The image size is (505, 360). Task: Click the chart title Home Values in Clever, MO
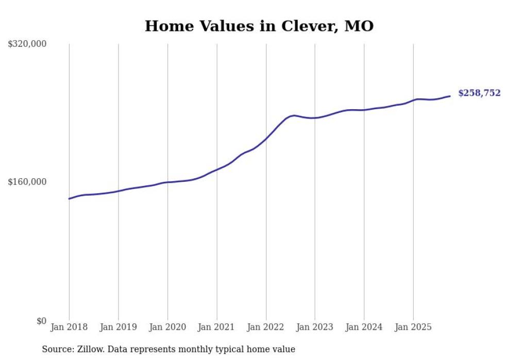pos(259,26)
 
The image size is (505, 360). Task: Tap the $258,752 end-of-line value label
pos(479,93)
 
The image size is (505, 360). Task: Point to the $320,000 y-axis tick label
pos(27,44)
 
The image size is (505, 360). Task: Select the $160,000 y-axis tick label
pos(27,182)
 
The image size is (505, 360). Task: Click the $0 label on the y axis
pos(41,321)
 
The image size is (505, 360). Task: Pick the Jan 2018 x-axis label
pos(69,327)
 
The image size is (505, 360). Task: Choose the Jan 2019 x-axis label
pos(119,327)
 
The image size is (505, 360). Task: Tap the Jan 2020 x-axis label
pos(167,327)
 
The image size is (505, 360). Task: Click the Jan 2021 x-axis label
pos(216,327)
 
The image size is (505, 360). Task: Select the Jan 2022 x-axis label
pos(266,327)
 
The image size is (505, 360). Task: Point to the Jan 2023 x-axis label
pos(315,327)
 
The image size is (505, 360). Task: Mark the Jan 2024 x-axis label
pos(364,327)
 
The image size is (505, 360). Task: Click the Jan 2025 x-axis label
pos(413,327)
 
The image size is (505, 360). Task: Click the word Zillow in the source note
pos(90,349)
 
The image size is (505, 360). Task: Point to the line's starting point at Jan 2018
pos(70,198)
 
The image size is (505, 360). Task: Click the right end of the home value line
pos(450,96)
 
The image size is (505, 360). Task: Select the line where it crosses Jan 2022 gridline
pos(266,139)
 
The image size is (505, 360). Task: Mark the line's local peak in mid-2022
pos(294,115)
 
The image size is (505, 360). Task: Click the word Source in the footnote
pos(57,349)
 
